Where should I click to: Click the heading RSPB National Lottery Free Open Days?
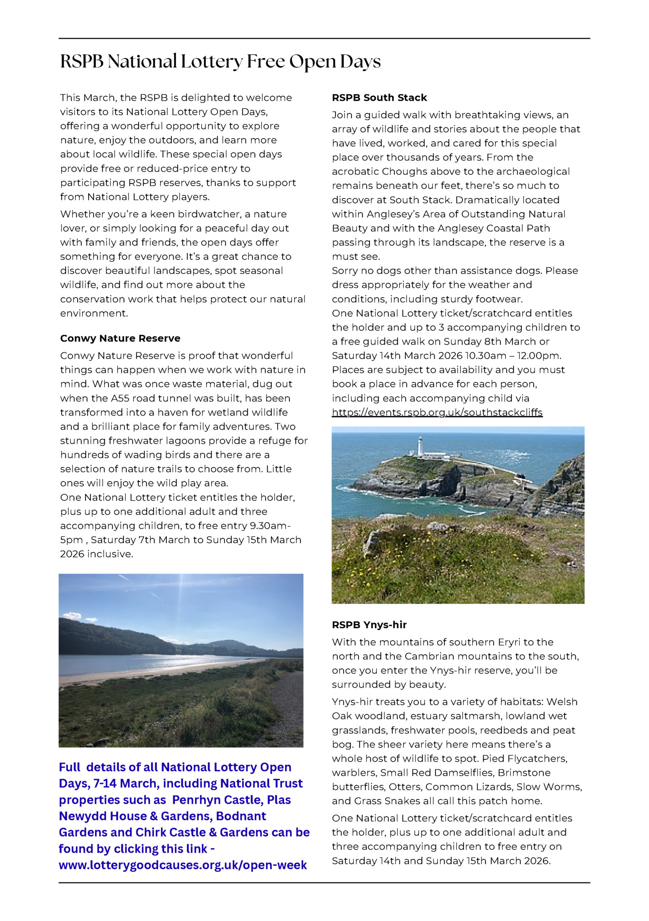tap(220, 62)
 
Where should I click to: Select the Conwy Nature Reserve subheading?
tap(120, 338)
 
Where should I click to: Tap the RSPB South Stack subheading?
tap(379, 98)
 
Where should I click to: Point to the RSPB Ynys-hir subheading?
tap(369, 625)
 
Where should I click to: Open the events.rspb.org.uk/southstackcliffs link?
tap(437, 412)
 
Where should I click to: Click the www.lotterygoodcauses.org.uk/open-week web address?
tap(183, 865)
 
